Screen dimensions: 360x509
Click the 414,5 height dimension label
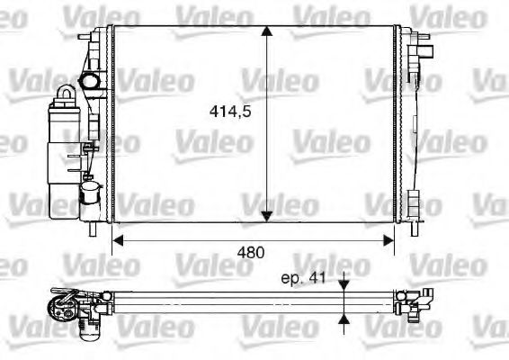(x=229, y=114)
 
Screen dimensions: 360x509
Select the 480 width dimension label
(x=252, y=253)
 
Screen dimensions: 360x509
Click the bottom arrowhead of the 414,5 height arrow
(x=267, y=215)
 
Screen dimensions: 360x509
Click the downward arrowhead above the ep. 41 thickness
(x=344, y=285)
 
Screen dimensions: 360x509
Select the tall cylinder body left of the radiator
(x=66, y=153)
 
